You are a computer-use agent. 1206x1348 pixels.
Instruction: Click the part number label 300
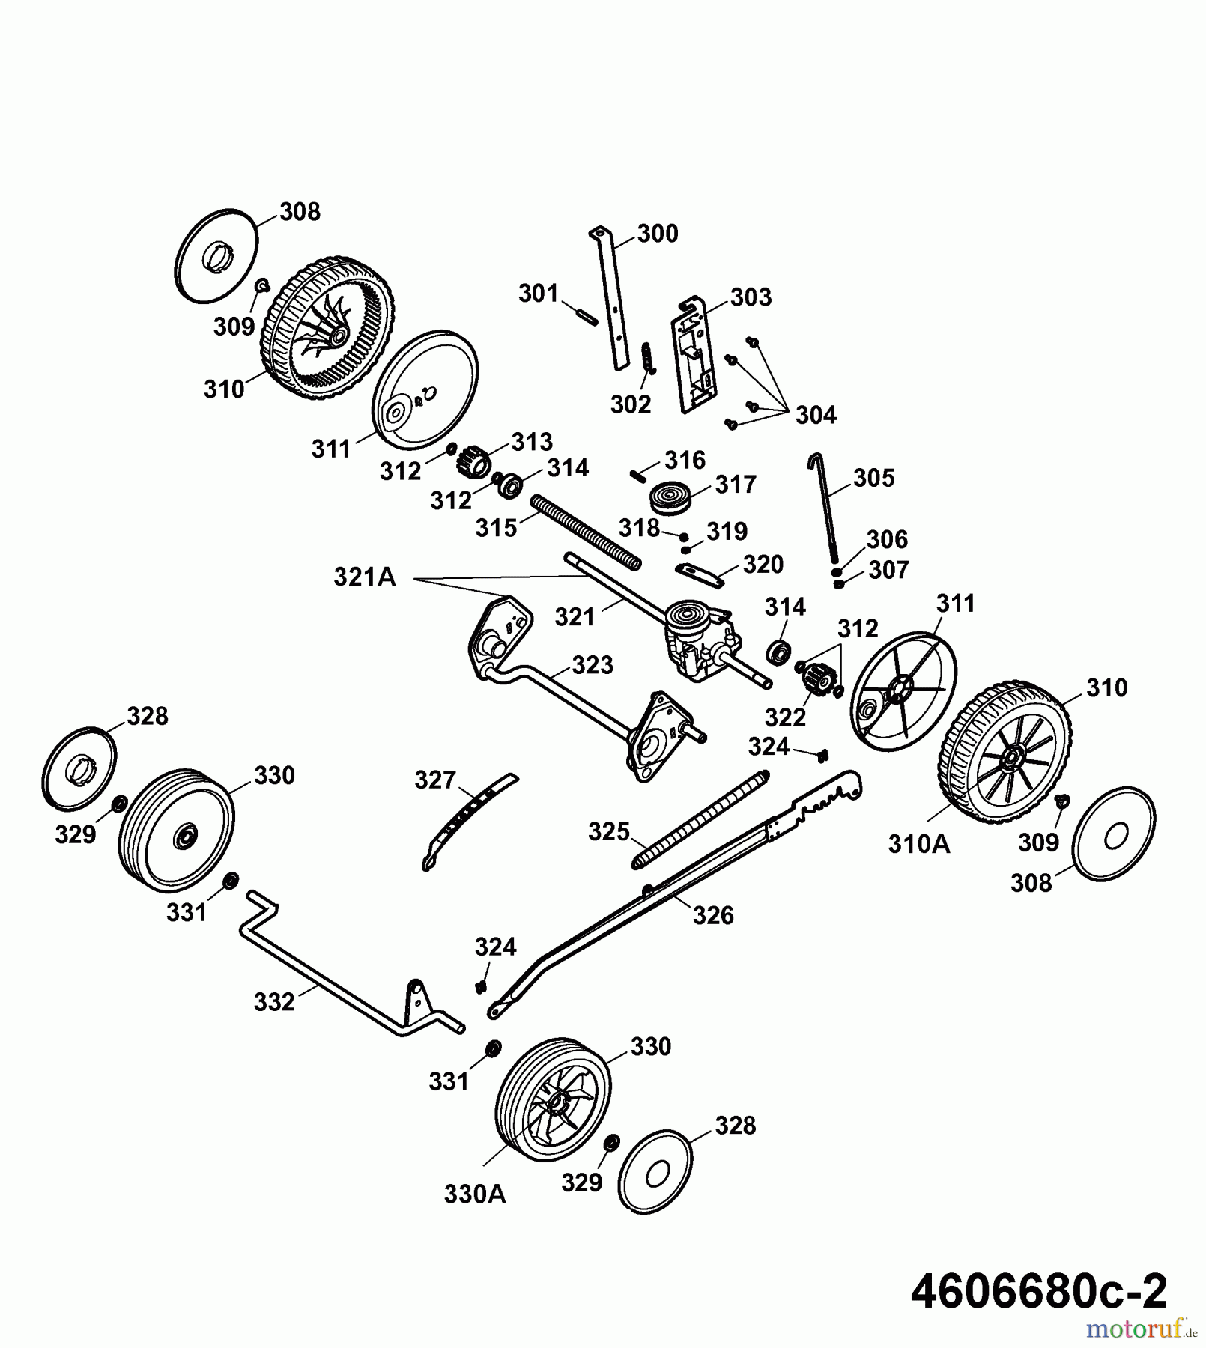[658, 234]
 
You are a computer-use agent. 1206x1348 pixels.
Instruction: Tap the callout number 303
[751, 297]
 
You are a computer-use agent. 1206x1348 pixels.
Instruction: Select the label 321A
[365, 578]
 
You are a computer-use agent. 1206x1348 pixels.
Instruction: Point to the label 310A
[919, 844]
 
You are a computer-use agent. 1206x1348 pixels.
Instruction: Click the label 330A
[475, 1194]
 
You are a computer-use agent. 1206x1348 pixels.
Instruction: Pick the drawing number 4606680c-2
[1038, 1291]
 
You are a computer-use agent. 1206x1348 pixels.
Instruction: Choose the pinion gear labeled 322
[815, 680]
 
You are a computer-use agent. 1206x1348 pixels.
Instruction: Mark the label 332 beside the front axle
[274, 1002]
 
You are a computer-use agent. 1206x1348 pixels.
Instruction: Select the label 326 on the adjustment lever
[713, 915]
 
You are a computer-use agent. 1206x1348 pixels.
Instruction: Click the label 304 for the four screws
[816, 415]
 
